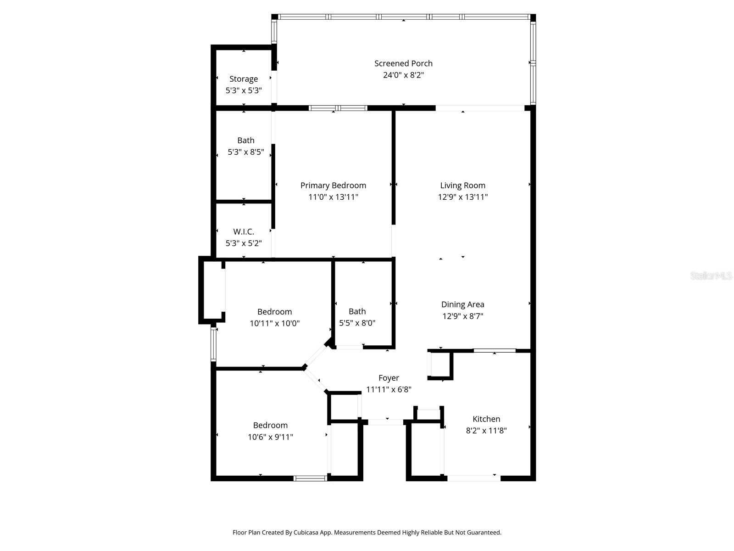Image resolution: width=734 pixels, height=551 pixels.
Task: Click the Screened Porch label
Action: pos(403,63)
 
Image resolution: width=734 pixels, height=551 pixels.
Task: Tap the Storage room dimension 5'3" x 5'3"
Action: pos(244,90)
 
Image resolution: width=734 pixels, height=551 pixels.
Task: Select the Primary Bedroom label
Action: pos(333,186)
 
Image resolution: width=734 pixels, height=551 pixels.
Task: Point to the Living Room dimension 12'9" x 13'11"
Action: pos(462,197)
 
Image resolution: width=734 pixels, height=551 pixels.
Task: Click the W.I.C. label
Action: pos(244,232)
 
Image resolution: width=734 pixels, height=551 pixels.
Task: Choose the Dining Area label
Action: pos(462,304)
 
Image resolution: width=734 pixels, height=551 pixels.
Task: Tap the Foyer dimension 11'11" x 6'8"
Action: pos(389,390)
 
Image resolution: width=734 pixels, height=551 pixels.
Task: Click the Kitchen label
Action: pos(486,419)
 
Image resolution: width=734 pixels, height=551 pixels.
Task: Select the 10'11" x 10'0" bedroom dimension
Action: pos(274,323)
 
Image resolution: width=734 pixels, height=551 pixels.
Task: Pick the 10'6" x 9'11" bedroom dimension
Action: pos(270,437)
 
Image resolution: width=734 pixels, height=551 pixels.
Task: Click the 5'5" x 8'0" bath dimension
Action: pos(357,323)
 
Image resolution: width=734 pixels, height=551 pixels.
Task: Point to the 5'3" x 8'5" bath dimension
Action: pos(246,152)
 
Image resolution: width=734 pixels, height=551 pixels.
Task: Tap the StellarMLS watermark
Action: pos(711,276)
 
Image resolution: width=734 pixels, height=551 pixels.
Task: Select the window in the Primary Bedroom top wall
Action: pos(338,108)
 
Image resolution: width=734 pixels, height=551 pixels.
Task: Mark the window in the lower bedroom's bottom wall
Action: pos(310,478)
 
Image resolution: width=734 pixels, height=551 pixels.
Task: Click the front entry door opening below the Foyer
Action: pos(385,422)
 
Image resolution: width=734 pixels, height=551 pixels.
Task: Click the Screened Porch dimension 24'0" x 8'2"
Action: pos(403,75)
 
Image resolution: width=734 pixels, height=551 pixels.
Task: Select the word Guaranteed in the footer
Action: pos(484,533)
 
